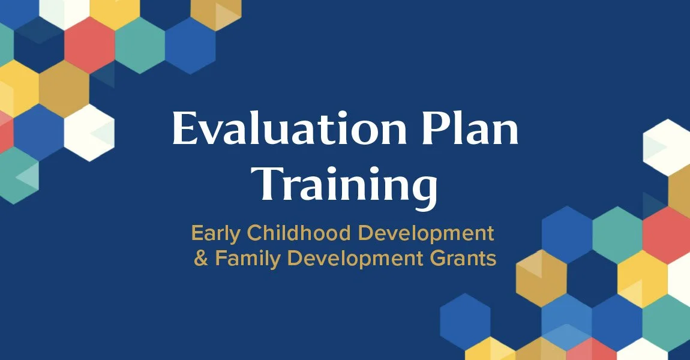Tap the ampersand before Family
point(200,259)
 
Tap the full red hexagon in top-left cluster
point(89,44)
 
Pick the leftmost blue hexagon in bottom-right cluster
point(465,322)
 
